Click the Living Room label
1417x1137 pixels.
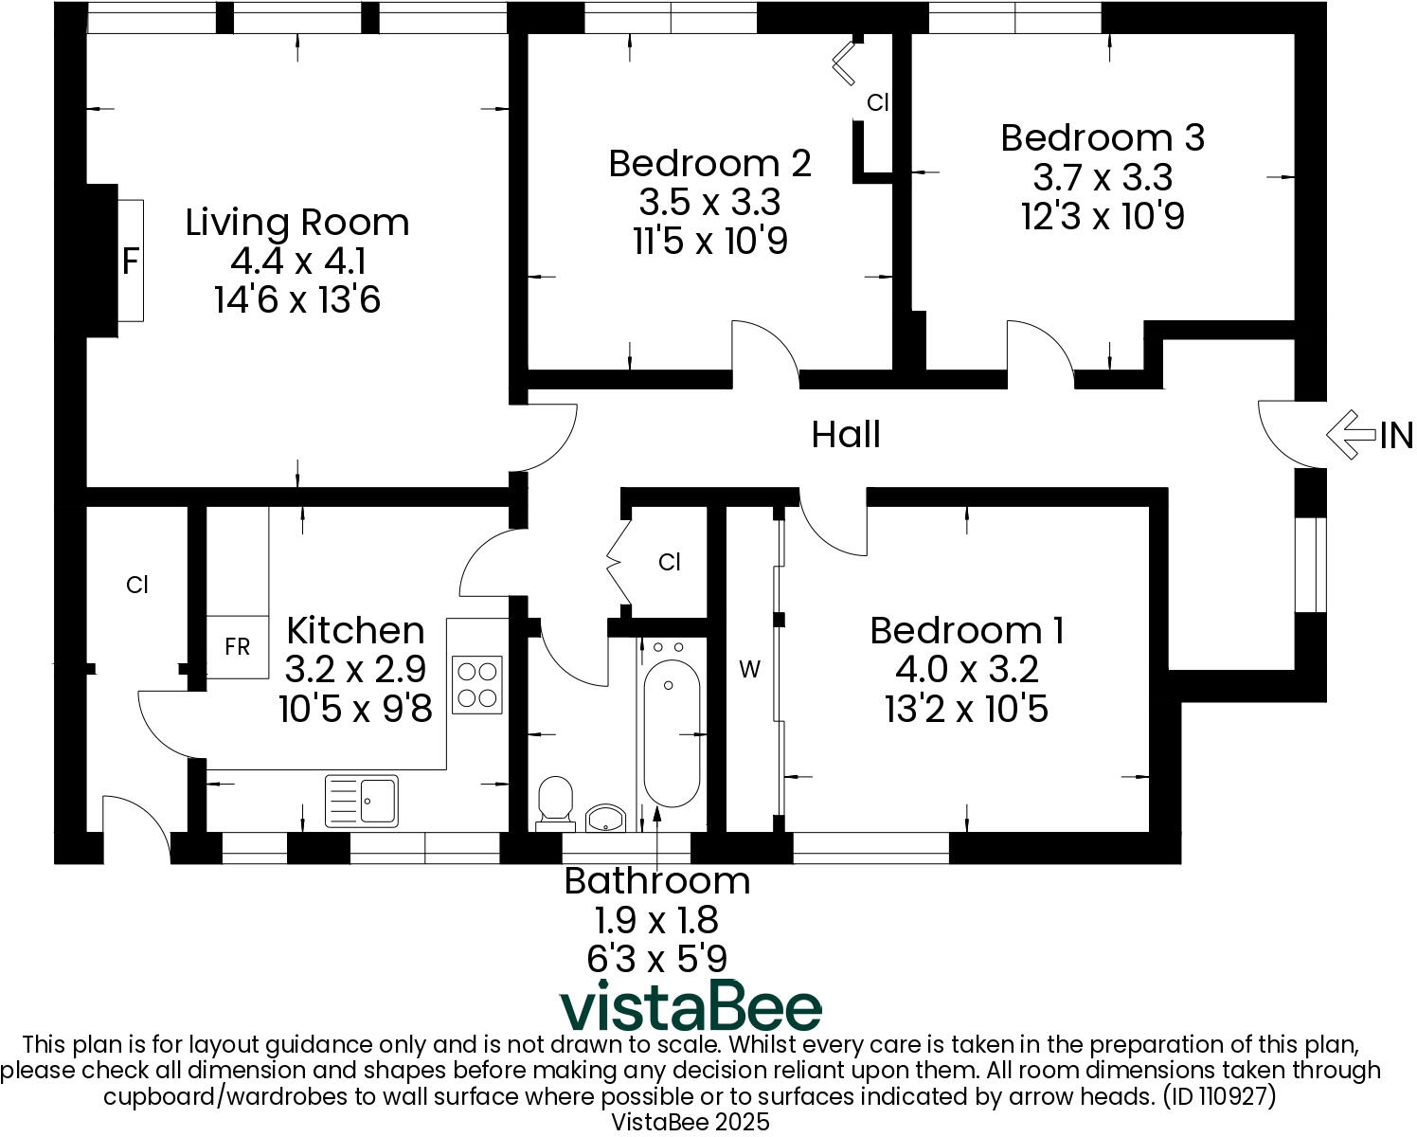click(x=297, y=223)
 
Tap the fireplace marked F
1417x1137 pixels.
click(x=131, y=261)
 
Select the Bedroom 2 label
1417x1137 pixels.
click(x=709, y=163)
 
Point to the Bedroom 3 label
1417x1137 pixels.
click(x=1103, y=137)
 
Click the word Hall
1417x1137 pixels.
click(x=846, y=435)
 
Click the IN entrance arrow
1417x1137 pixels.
click(x=1352, y=435)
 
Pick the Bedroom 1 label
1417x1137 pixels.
click(x=966, y=631)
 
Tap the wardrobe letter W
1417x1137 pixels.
click(x=749, y=670)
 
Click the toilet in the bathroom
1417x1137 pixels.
click(x=555, y=802)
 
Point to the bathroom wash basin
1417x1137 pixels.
click(x=605, y=818)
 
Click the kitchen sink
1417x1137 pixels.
click(x=362, y=800)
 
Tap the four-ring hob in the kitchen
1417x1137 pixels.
click(x=477, y=684)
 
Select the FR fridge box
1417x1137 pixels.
click(x=237, y=647)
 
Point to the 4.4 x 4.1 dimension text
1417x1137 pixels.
click(x=297, y=262)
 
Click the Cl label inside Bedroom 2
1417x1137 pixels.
click(x=878, y=102)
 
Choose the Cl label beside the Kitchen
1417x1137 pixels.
click(x=137, y=586)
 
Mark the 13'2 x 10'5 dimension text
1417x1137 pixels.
click(x=966, y=709)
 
